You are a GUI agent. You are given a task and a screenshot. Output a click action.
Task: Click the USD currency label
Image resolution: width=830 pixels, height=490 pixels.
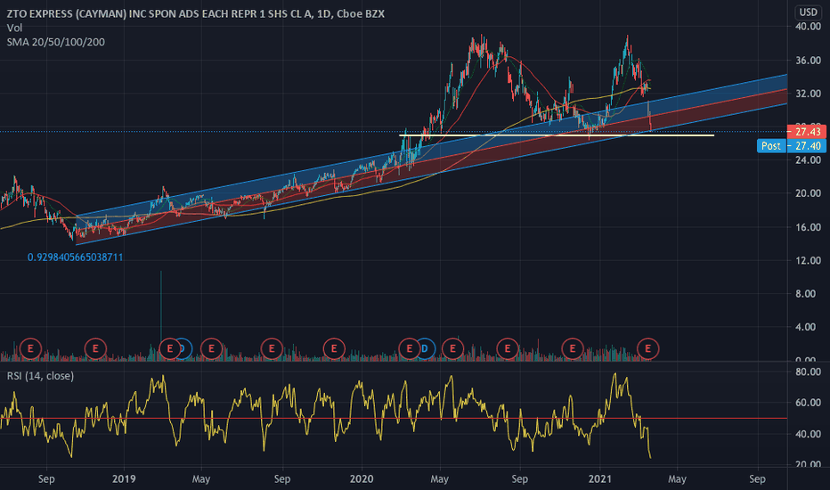(808, 12)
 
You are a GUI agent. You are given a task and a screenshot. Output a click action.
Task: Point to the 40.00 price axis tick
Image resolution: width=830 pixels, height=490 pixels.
(808, 27)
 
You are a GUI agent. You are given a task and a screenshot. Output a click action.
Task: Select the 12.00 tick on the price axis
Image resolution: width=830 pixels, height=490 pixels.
(808, 260)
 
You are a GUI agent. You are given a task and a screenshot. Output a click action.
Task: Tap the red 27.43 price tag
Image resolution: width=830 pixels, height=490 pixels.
(808, 131)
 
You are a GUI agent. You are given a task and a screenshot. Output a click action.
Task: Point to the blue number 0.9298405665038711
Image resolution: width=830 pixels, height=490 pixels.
(75, 257)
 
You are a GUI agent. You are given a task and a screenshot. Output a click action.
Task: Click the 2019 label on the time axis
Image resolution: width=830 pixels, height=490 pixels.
(123, 478)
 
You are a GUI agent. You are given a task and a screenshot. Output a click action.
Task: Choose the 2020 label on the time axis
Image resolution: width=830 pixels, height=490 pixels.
(362, 478)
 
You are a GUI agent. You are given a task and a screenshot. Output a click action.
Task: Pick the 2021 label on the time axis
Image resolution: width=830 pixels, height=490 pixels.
(600, 478)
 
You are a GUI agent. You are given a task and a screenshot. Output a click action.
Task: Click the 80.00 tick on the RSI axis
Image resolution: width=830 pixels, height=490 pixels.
(808, 372)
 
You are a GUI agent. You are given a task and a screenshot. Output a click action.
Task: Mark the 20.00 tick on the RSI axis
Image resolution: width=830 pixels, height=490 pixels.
(808, 465)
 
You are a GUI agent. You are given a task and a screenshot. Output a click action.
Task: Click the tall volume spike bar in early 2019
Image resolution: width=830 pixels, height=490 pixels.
(160, 312)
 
